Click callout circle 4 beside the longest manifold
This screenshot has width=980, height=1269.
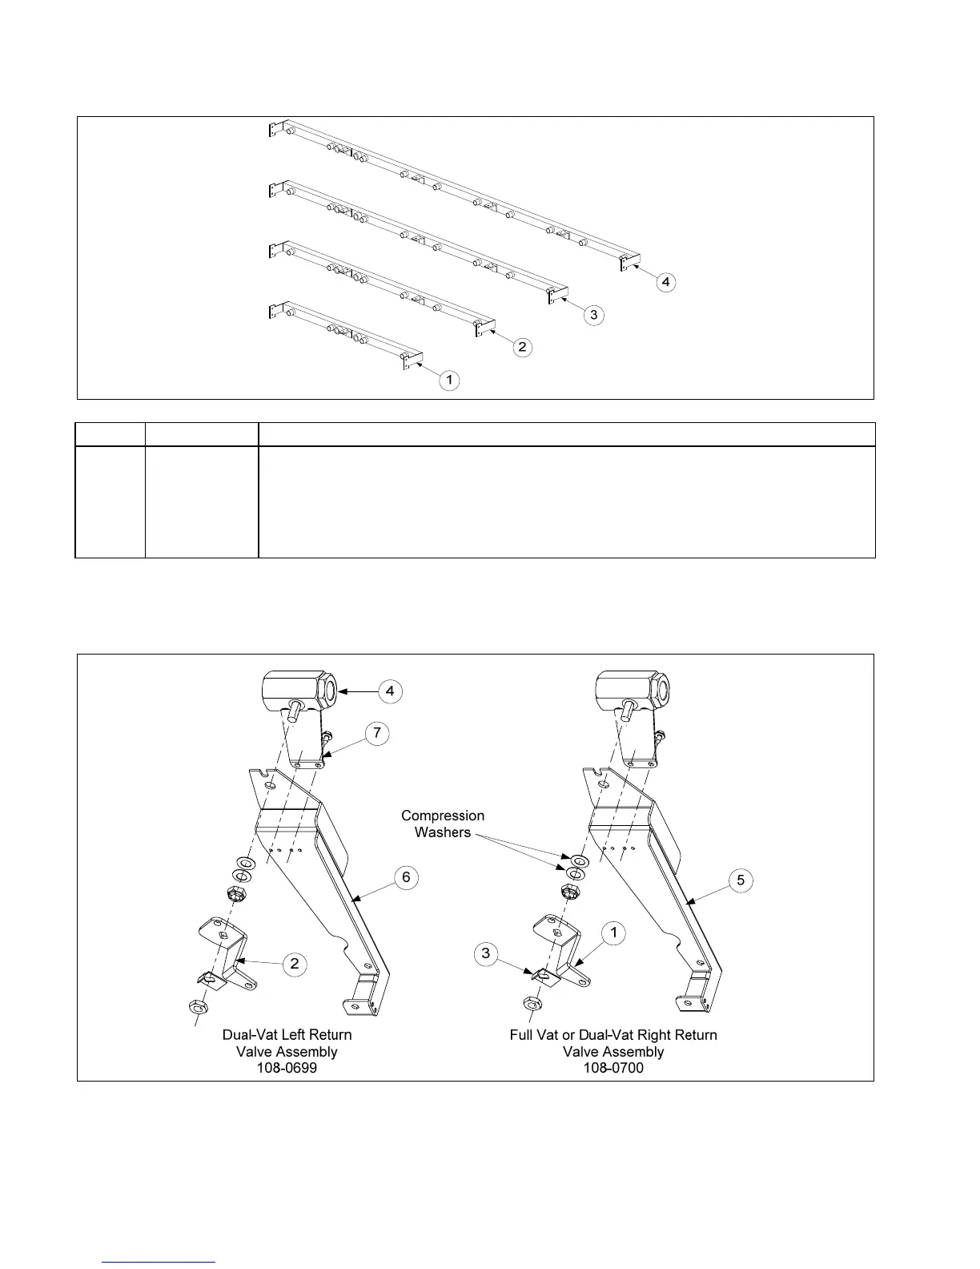[x=666, y=282]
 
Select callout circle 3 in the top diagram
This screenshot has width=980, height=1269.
[x=593, y=315]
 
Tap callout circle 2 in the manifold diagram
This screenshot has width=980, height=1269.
[x=522, y=347]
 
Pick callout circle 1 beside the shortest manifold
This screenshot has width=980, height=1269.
[x=450, y=379]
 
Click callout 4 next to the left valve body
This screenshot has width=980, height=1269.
[x=390, y=691]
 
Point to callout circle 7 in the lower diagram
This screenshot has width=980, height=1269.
[x=377, y=732]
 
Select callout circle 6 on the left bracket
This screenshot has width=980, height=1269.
[x=406, y=877]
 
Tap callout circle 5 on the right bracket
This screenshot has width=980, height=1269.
[x=741, y=880]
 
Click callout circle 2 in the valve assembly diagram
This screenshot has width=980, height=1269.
[x=295, y=963]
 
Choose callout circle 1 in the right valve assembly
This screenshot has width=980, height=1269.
[x=614, y=933]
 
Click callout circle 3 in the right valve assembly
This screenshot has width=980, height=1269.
[x=485, y=954]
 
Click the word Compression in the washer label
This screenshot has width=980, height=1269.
[x=443, y=816]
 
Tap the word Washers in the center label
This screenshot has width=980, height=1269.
[x=443, y=832]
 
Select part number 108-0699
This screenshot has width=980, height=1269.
[x=287, y=1068]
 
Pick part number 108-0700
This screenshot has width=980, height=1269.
[x=613, y=1068]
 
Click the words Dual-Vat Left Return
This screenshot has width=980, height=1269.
[x=287, y=1034]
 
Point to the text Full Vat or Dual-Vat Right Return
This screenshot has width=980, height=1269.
[x=613, y=1034]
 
